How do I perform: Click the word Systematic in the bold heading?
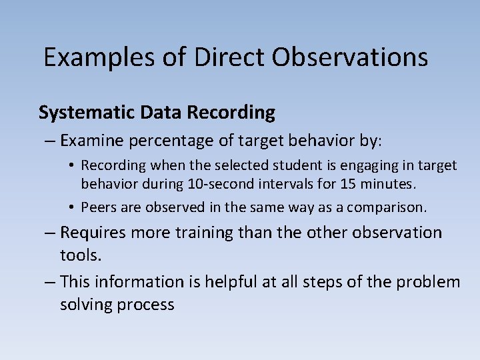coord(87,113)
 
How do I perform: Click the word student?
coord(287,165)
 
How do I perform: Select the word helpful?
coord(220,282)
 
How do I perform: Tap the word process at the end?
coord(147,305)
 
